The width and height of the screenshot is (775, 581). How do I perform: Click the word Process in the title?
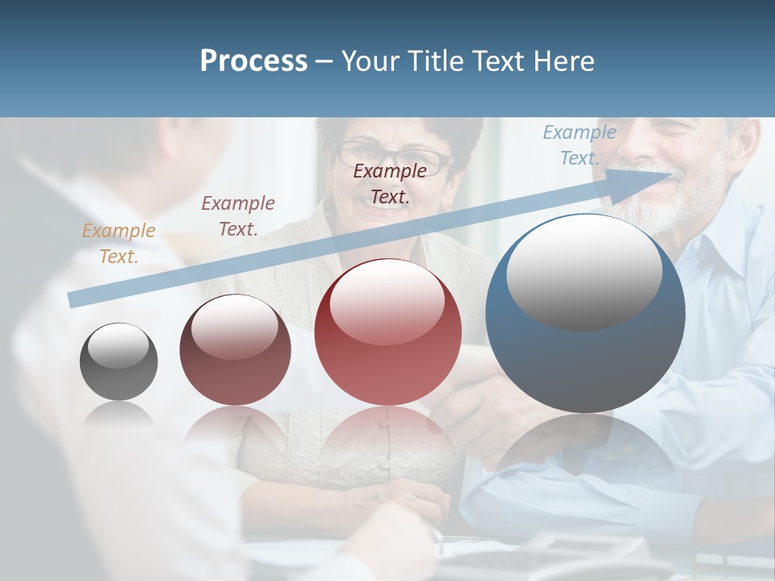(253, 61)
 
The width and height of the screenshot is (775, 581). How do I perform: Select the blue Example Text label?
(579, 145)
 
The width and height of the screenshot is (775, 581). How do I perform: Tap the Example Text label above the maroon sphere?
(237, 216)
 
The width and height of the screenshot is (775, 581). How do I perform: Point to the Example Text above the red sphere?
(390, 183)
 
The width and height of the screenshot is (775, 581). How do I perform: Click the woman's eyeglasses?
(393, 157)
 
